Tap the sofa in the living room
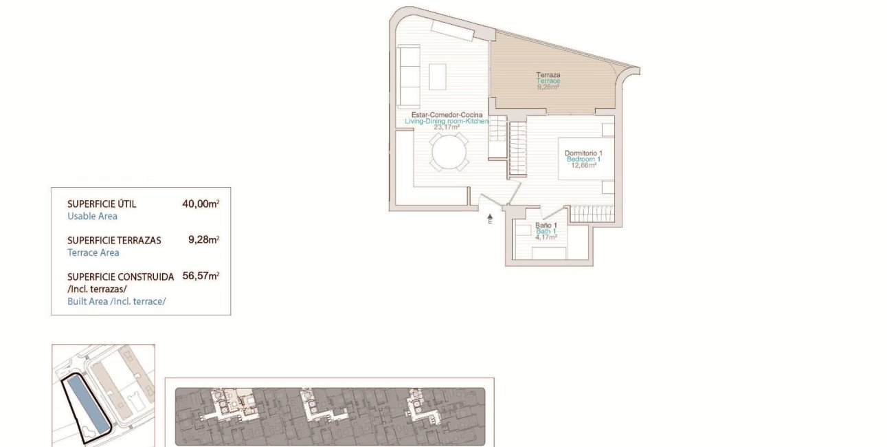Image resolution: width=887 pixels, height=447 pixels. (x=408, y=76)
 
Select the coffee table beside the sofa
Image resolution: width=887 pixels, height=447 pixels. (x=438, y=76)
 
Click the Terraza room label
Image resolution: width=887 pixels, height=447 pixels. (x=548, y=74)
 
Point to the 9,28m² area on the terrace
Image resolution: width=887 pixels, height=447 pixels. (x=548, y=87)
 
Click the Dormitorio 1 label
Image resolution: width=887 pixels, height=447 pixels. (x=583, y=153)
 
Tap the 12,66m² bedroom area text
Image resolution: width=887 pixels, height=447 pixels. (x=583, y=165)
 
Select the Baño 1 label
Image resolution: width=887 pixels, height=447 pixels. (x=546, y=225)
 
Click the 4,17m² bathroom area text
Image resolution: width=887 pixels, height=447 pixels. (x=546, y=237)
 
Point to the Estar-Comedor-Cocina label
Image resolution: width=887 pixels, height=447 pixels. (x=447, y=114)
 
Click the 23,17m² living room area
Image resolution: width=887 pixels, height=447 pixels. (x=447, y=127)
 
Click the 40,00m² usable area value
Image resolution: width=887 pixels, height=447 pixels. (x=201, y=204)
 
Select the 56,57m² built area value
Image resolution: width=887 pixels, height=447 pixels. (x=201, y=276)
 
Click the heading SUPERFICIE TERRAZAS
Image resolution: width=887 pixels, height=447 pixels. (x=114, y=241)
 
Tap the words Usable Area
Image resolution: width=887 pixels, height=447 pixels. (x=92, y=216)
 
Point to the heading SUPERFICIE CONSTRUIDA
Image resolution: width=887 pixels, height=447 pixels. (x=120, y=277)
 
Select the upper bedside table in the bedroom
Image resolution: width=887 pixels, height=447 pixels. (x=607, y=130)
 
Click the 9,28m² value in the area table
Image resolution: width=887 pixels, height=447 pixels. (x=203, y=240)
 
